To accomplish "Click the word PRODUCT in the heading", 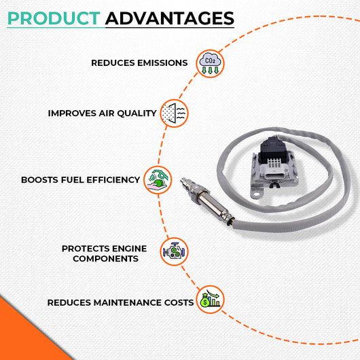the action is [x=54, y=18].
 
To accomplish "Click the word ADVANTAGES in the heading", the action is [x=170, y=18].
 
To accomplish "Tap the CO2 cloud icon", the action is [x=210, y=64].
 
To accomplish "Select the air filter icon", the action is [x=174, y=113].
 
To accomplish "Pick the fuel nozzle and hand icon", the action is [x=158, y=180].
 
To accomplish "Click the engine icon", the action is [x=174, y=251].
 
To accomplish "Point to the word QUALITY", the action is [x=137, y=113].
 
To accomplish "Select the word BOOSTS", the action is [x=39, y=180].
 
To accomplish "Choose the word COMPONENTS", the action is [x=105, y=259].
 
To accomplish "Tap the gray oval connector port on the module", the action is [x=275, y=176].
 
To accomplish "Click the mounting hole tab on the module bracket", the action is [x=257, y=194].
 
